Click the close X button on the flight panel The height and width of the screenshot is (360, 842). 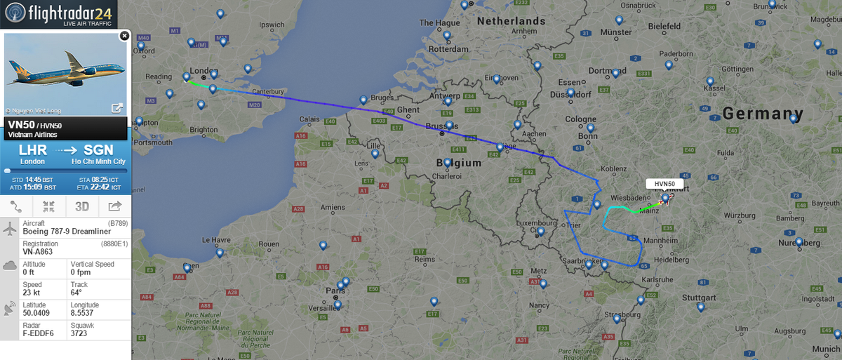click(x=124, y=35)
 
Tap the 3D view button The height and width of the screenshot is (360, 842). click(x=82, y=206)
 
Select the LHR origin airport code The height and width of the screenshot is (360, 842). click(x=32, y=150)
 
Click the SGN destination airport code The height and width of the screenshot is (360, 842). click(x=98, y=150)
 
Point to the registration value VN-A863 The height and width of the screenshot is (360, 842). click(x=40, y=251)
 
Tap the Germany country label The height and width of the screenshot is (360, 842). click(x=763, y=114)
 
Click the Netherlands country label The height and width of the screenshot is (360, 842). click(x=511, y=21)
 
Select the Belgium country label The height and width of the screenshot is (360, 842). click(x=459, y=163)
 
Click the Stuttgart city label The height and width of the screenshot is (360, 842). click(x=699, y=298)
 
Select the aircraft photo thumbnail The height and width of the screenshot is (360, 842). click(x=65, y=74)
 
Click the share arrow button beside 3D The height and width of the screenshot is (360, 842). click(x=114, y=206)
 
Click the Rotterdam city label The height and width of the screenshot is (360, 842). click(x=448, y=50)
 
